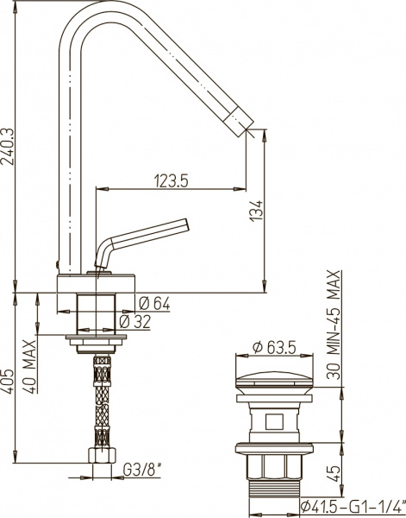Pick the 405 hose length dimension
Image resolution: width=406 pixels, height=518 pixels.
click(x=8, y=382)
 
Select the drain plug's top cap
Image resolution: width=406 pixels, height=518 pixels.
click(x=272, y=376)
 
